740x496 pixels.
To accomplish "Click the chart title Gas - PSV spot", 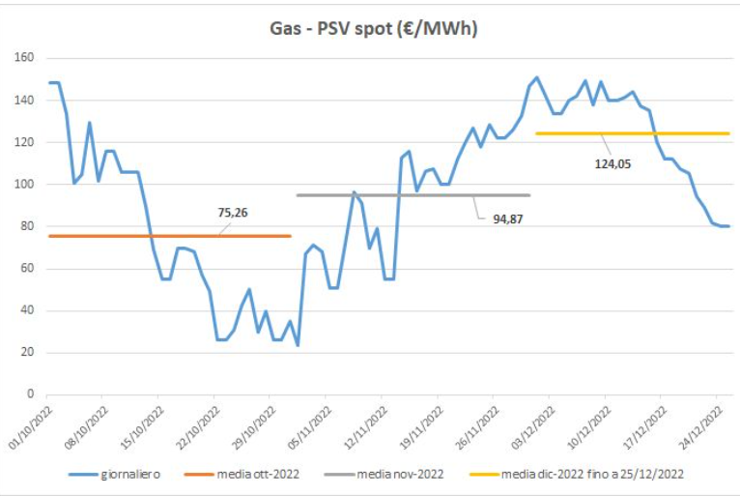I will point(373,30).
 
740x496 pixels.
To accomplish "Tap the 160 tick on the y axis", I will point(25,58).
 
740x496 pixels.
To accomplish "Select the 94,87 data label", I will point(499,219).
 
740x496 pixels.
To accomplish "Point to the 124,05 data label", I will point(613,164).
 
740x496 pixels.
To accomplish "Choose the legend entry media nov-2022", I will point(397,475).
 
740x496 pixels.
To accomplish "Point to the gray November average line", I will point(386,195).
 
